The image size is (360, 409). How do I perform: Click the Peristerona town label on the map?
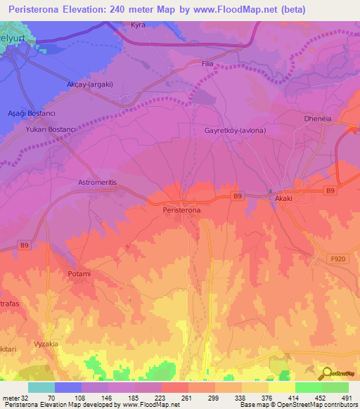[181, 210]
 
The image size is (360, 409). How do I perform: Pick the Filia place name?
[207, 64]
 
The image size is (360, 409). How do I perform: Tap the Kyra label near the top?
[138, 25]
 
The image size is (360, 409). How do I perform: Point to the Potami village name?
[79, 273]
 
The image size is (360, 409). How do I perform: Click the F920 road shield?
[340, 259]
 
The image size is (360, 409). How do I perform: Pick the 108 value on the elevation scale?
[80, 398]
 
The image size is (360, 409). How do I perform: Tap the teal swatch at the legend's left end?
[41, 387]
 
